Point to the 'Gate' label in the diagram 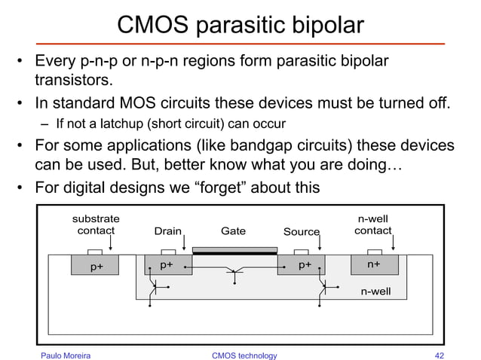coord(233,231)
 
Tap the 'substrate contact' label coord(96,224)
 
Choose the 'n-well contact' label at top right coord(373,224)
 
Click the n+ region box coord(374,265)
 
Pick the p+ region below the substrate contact coord(96,266)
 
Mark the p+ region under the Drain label coord(167,265)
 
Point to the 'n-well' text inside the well coord(375,289)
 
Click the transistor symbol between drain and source coord(235,273)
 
